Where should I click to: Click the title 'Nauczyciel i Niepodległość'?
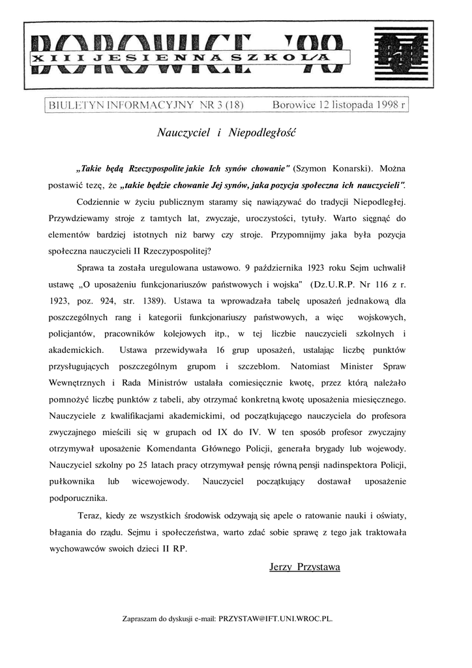pyautogui.click(x=227, y=132)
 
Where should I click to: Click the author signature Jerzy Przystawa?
pyautogui.click(x=304, y=567)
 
